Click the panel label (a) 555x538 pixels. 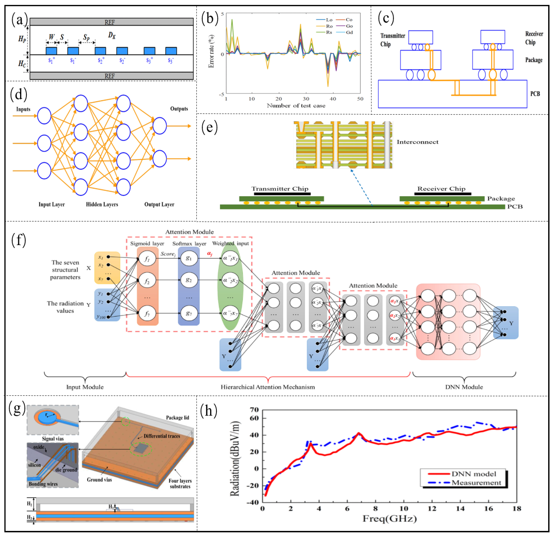(19, 20)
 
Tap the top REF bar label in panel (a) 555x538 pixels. (110, 22)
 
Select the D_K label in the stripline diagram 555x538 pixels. (112, 35)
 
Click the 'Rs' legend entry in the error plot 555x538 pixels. (328, 32)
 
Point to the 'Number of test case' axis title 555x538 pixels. (296, 106)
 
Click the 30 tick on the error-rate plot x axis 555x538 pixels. (306, 99)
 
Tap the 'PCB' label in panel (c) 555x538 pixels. (535, 94)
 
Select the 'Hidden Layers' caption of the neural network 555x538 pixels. (102, 204)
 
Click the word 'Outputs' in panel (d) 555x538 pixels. (179, 109)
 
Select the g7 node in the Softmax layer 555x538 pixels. (189, 313)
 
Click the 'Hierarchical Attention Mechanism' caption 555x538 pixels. (268, 387)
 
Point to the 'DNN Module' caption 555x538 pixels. (464, 387)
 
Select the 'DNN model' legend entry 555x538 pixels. (474, 474)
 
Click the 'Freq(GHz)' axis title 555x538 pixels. (390, 518)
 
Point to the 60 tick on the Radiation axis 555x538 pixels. (255, 418)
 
